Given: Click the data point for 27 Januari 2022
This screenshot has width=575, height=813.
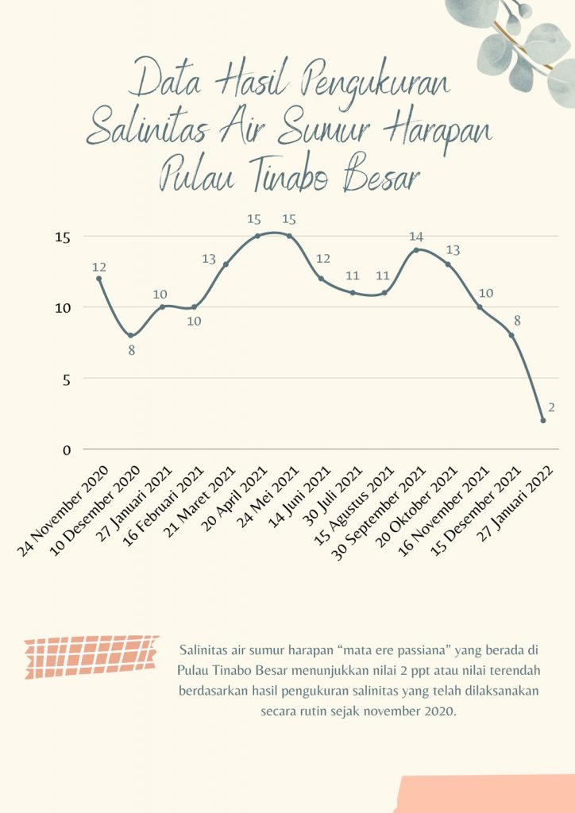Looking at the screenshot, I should coord(543,421).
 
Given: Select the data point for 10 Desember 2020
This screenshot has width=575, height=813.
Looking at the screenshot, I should coord(130,335).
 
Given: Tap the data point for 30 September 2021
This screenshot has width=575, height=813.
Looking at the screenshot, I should coord(416,250).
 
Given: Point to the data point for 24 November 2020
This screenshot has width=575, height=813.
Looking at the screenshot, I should coord(98,279).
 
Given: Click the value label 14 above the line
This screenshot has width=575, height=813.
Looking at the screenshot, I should coord(416,236).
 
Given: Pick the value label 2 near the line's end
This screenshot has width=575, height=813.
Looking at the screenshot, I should coord(550,406).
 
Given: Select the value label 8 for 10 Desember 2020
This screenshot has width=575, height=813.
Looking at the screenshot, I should coord(132,349).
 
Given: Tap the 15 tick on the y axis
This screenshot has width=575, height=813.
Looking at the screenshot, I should coord(64,237).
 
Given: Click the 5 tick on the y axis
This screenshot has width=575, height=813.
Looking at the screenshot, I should coord(67,379).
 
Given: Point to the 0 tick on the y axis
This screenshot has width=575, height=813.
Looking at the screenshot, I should coord(67,449).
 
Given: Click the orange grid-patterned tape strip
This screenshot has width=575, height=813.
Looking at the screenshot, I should coord(91,656).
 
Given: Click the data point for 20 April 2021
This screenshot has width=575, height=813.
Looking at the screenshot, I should coord(257,236).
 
